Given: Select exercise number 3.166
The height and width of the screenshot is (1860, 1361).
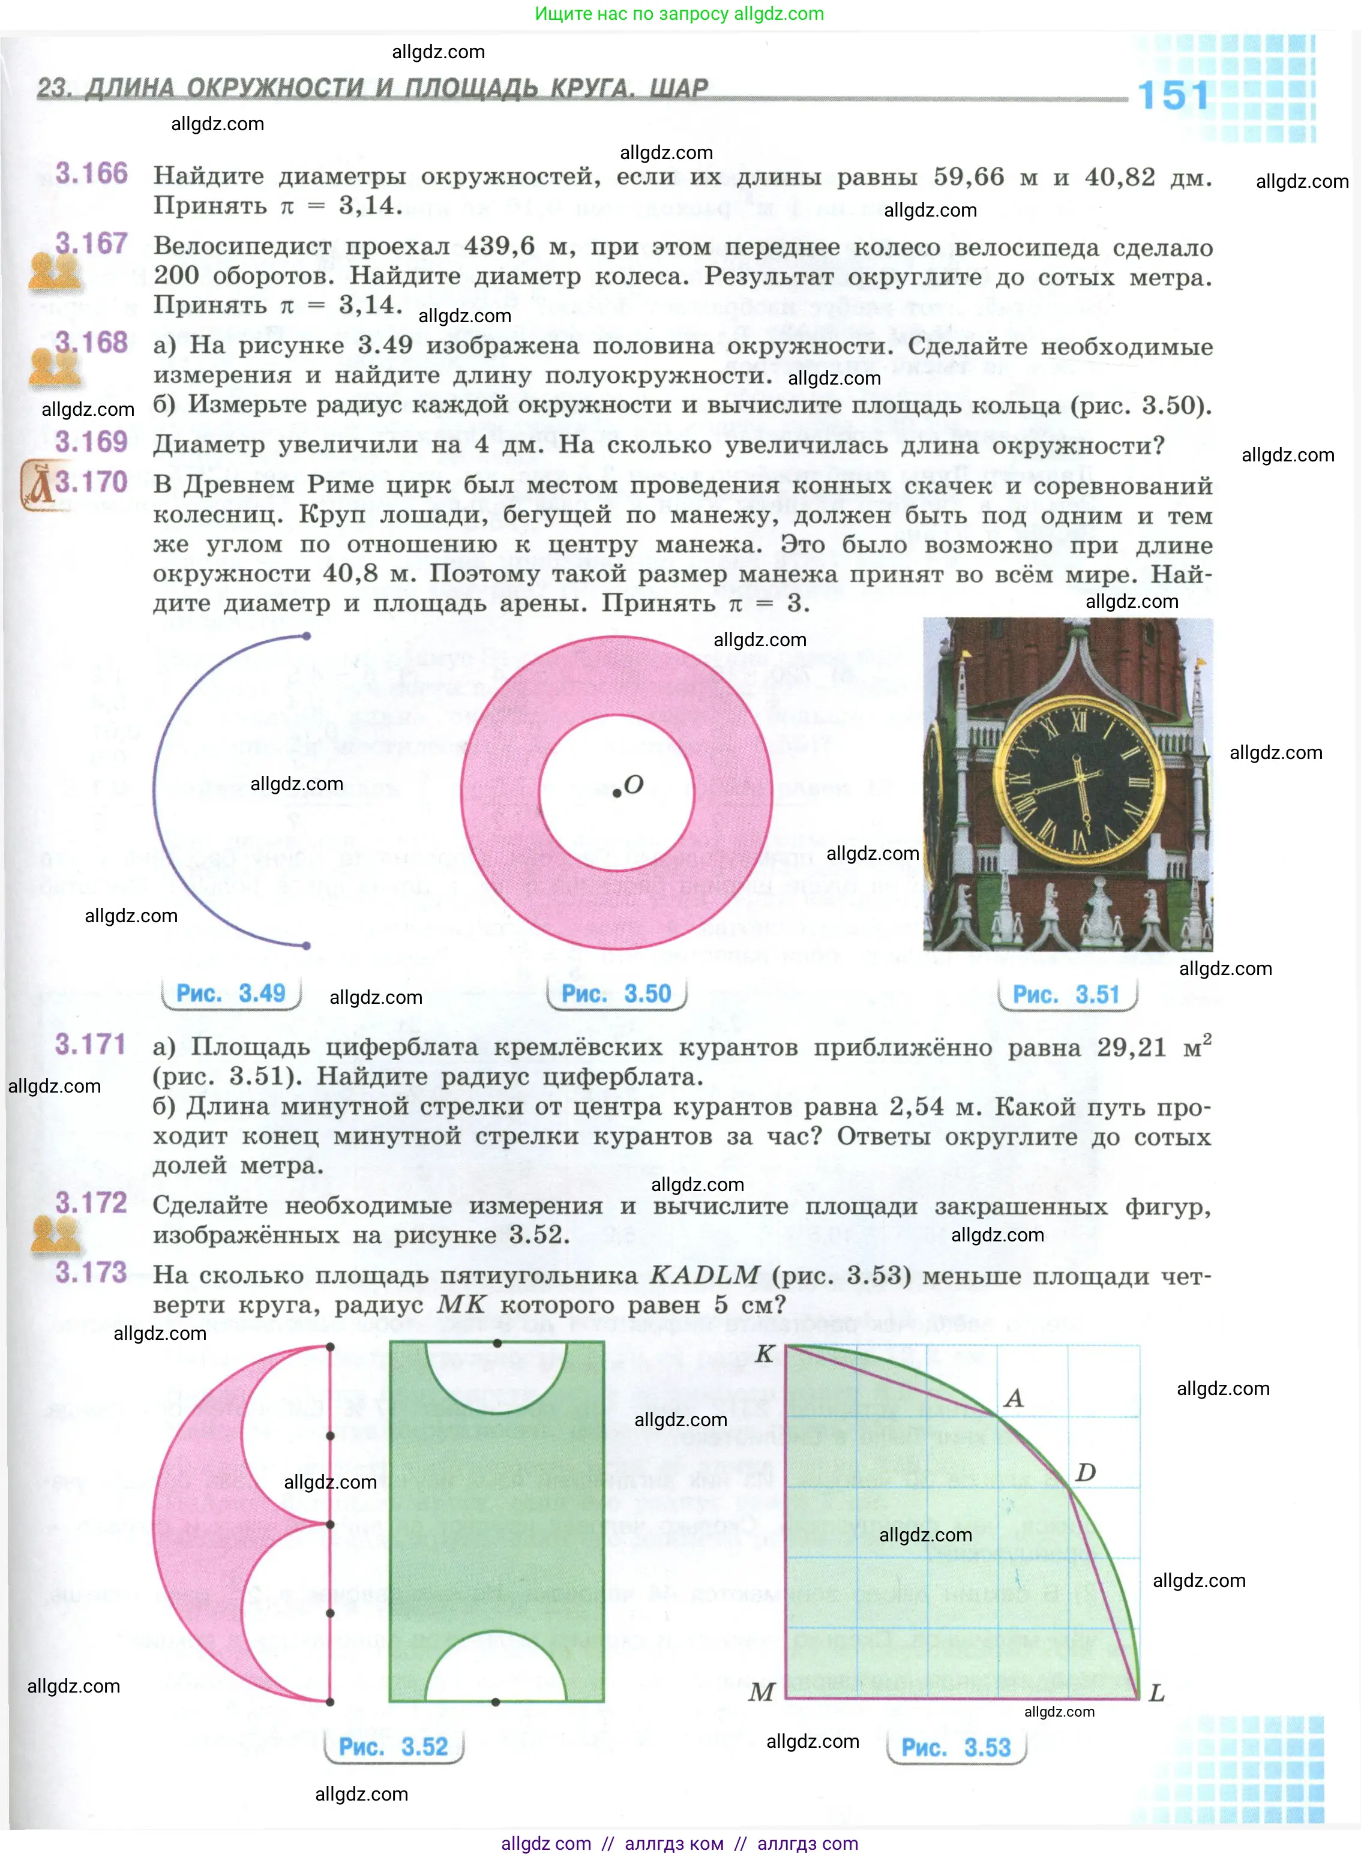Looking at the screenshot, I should (91, 174).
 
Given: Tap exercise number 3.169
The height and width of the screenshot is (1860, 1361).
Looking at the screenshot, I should (91, 442).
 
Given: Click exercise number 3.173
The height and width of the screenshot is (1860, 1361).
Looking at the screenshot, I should (91, 1273).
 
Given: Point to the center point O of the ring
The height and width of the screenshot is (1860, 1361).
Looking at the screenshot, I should (616, 793).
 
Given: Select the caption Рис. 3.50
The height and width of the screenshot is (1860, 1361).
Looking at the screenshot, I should (616, 994).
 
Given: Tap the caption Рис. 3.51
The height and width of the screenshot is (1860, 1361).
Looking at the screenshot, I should (1066, 995).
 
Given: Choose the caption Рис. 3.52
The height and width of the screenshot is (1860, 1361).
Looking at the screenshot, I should (394, 1747).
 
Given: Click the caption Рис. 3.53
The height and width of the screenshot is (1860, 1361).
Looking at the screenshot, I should (956, 1747).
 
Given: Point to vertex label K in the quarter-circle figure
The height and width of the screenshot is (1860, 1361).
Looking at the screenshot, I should (765, 1354).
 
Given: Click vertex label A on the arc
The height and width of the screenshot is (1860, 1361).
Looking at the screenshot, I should (1014, 1398).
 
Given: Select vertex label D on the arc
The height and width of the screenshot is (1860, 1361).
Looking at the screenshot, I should (1085, 1472).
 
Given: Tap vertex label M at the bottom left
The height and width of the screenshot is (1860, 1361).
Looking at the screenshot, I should (762, 1692).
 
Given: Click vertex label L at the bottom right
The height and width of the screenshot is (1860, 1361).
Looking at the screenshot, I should (1157, 1693).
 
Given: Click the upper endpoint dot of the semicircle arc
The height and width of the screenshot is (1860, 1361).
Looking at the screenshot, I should (307, 636).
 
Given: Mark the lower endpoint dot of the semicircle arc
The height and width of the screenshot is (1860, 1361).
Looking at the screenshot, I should (307, 946).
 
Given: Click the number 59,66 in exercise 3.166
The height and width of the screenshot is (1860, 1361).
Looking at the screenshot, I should (969, 176).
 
